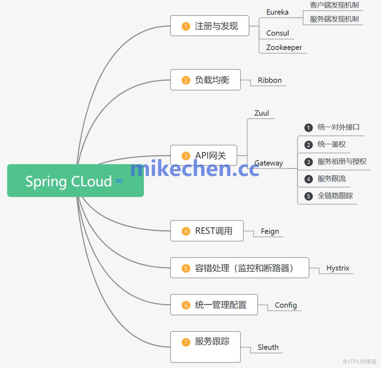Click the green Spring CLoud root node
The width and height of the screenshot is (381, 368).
75,181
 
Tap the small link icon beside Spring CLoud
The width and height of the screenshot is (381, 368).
119,181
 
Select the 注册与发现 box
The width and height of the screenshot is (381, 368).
210,26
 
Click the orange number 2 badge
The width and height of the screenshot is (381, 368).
186,80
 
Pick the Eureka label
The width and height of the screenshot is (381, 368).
277,12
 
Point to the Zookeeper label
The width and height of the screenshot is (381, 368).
284,47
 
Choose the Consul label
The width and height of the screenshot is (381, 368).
277,33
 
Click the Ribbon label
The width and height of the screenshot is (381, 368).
270,80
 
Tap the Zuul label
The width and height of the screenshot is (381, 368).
262,113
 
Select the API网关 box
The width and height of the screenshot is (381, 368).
204,155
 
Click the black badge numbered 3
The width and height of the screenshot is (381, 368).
309,162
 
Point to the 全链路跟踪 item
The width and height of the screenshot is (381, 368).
335,196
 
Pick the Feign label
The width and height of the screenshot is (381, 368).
270,231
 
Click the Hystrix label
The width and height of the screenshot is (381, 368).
338,268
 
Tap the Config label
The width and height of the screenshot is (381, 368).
286,305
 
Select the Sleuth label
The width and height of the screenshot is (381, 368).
268,347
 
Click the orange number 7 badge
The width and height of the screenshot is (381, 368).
186,342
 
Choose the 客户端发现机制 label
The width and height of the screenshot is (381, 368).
334,5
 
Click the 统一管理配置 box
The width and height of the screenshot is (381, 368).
214,305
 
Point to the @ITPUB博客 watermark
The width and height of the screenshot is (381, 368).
360,362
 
